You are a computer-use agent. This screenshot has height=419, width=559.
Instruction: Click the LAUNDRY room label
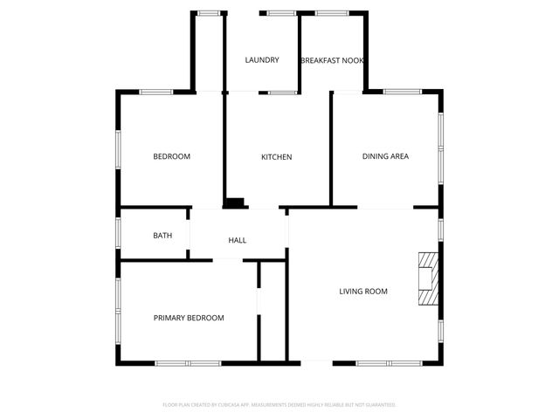pos(262,60)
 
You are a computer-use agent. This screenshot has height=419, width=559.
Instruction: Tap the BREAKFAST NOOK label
pos(332,60)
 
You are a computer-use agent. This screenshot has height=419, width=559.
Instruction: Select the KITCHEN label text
pos(276,157)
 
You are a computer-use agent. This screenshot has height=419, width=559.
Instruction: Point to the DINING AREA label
pos(385,157)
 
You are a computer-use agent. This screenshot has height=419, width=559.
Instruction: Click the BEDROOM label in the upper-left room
pos(171,157)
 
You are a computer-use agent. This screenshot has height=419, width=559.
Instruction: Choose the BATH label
pos(162,236)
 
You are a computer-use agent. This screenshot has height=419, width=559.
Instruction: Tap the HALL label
pos(237,240)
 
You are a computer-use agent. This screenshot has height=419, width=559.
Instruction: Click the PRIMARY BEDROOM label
pos(189,318)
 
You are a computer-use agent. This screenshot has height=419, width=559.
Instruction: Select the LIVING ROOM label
pos(363,292)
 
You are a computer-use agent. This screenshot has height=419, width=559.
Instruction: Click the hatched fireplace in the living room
pos(428,278)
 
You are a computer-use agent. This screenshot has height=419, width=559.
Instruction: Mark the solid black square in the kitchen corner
pos(234,203)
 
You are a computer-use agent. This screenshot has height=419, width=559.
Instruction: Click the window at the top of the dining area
pos(403,91)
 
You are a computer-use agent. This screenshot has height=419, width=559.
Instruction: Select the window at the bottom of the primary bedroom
pos(188,362)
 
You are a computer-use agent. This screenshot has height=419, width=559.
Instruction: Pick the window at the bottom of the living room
pos(390,362)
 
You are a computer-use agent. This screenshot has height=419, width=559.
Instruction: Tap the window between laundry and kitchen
pos(282,92)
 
